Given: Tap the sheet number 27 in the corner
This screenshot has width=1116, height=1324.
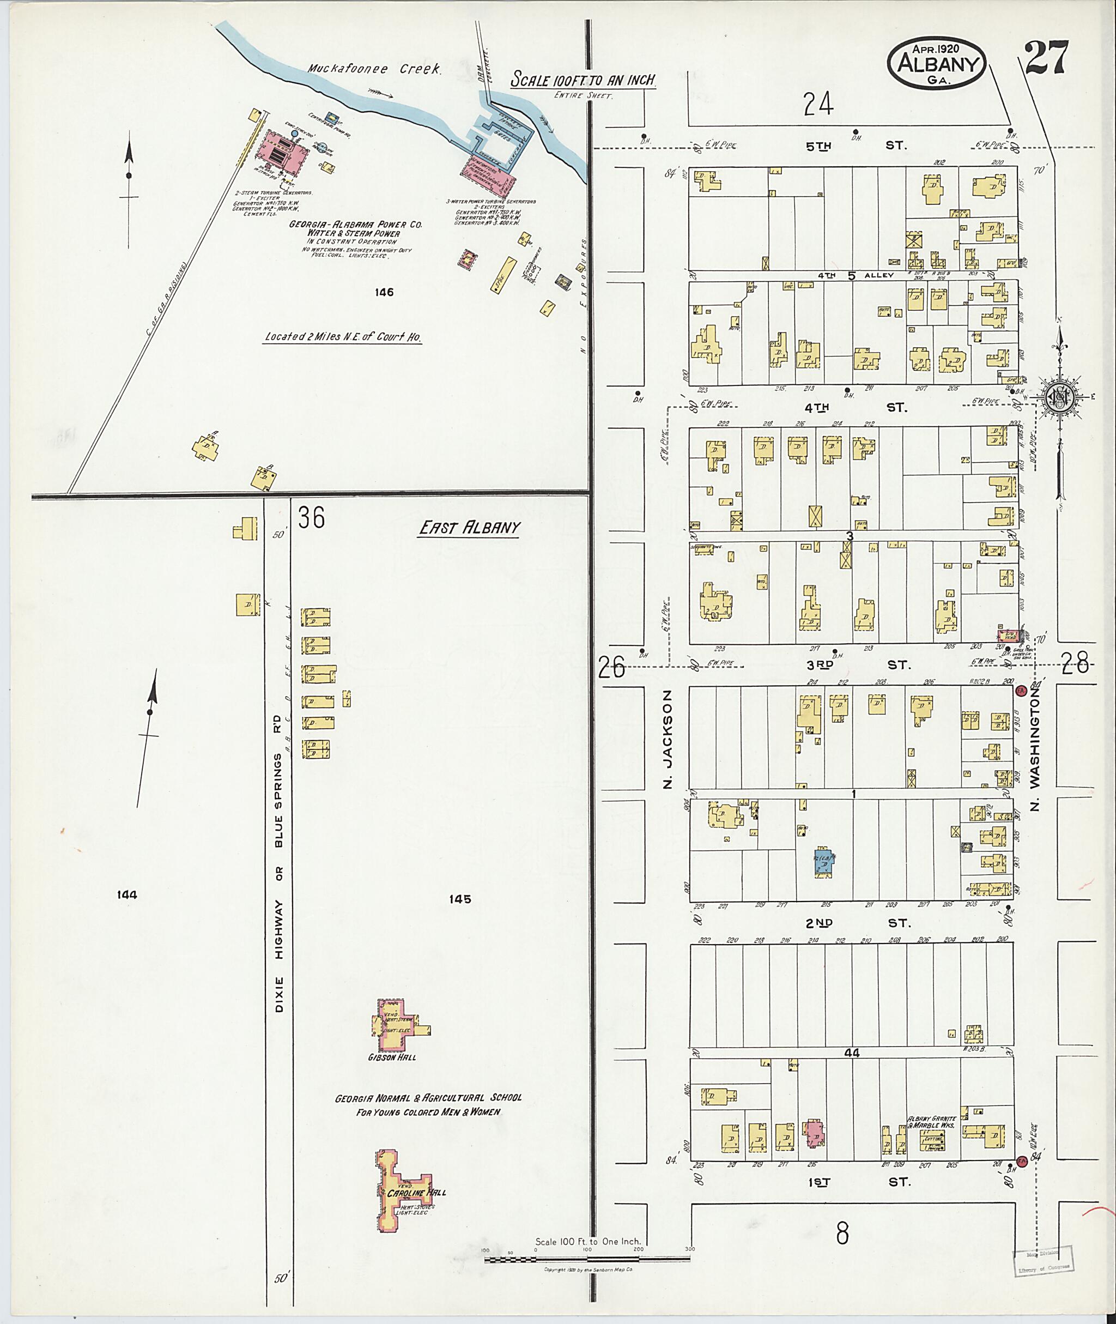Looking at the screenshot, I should tap(1046, 58).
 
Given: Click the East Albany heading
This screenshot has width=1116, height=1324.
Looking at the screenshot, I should tap(468, 528).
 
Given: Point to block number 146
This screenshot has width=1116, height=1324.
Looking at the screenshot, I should tap(384, 292).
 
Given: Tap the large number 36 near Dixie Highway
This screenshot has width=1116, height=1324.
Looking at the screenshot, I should tap(312, 518).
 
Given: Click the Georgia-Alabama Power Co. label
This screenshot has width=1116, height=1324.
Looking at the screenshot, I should tap(355, 225).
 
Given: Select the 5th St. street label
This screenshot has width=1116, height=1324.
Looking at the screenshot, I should tap(856, 146).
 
